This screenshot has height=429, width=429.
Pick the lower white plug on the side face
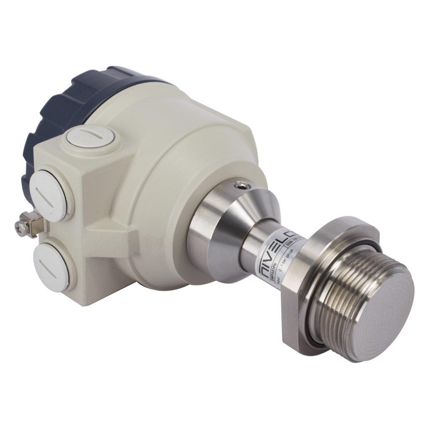pos(51,267)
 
